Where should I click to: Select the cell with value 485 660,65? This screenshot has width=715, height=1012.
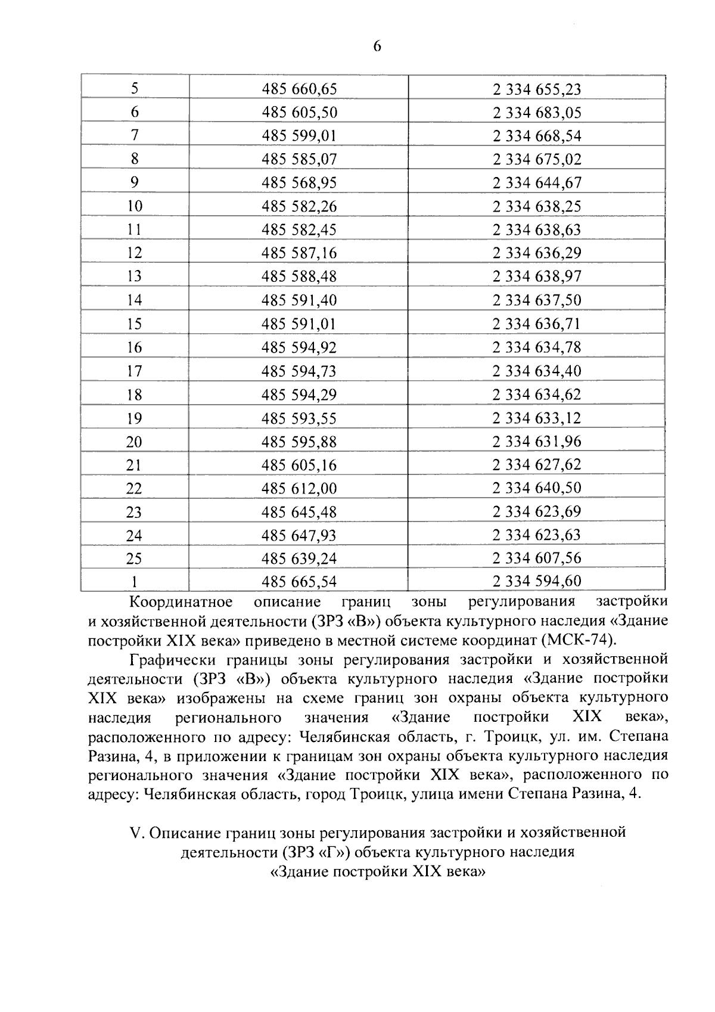tap(299, 89)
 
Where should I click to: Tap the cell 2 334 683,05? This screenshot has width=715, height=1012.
tap(537, 113)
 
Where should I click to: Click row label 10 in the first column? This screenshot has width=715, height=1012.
tap(135, 206)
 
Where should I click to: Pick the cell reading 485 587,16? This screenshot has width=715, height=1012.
tap(299, 253)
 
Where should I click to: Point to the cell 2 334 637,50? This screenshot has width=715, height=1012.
tap(537, 300)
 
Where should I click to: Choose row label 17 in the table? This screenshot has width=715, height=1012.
tap(135, 371)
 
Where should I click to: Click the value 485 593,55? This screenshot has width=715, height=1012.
tap(299, 418)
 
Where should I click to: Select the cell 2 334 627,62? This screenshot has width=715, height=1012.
tap(537, 464)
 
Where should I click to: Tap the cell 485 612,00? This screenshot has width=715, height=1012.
tap(299, 488)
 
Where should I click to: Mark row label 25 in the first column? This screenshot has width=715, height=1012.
tap(135, 558)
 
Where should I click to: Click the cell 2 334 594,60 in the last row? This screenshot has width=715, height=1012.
tap(537, 581)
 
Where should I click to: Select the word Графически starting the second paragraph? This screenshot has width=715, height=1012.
tap(173, 659)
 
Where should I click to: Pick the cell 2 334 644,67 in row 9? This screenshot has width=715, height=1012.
tap(537, 183)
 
